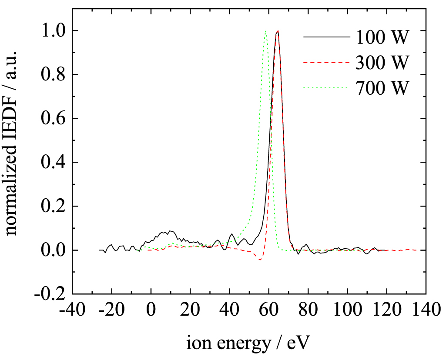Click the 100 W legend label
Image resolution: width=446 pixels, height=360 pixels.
coord(382,38)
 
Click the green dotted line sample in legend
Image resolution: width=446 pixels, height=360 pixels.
coord(326,88)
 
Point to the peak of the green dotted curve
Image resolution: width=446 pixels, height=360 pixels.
coord(265,31)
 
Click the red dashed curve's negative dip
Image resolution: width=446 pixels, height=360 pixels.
coord(260,260)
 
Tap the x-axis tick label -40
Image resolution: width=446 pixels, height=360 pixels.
coord(72,311)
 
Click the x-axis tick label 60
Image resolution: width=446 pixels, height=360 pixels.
coord(269,311)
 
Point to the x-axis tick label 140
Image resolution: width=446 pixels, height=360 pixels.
coord(426,311)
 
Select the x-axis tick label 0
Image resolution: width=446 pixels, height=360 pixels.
coord(151,311)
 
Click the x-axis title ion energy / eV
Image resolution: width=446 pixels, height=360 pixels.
coord(248,343)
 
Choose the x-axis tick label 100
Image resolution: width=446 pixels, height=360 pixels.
coord(347,311)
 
